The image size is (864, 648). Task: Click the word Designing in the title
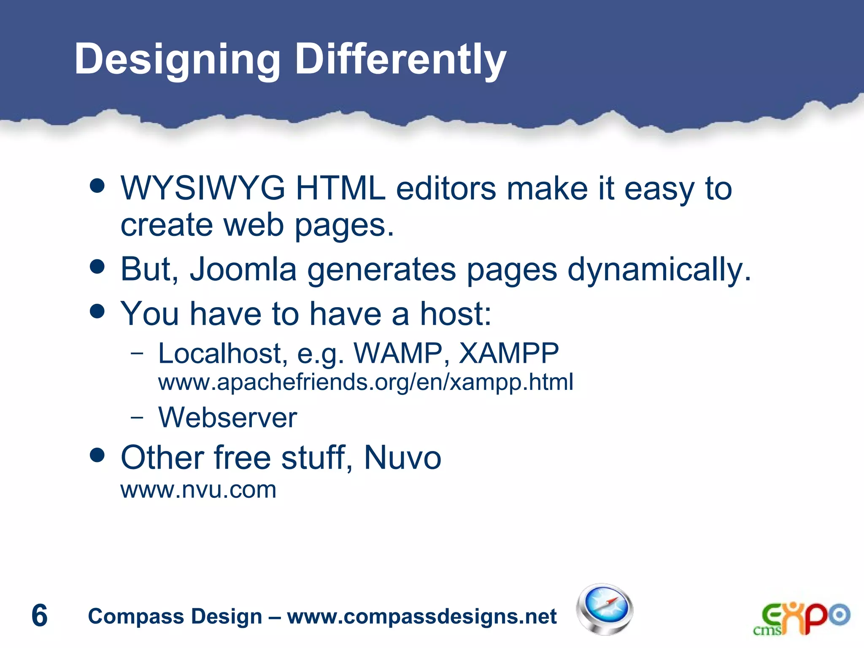point(177,60)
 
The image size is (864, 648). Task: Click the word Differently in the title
point(400,60)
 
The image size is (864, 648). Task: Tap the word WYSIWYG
point(203,188)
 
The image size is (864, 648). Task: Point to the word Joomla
point(243,269)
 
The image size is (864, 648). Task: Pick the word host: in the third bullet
point(456,314)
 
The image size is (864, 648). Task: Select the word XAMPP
point(509,353)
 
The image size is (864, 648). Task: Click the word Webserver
point(228,418)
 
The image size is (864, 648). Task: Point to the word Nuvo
point(402,457)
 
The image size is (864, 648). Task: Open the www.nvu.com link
point(198,490)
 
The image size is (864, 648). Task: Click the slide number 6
point(40,616)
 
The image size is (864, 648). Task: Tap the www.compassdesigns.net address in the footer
point(422,616)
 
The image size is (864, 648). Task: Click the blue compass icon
point(605,609)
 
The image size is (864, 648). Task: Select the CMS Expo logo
point(802,618)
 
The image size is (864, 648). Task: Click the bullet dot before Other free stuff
point(97,455)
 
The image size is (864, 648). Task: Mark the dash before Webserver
point(137,418)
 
